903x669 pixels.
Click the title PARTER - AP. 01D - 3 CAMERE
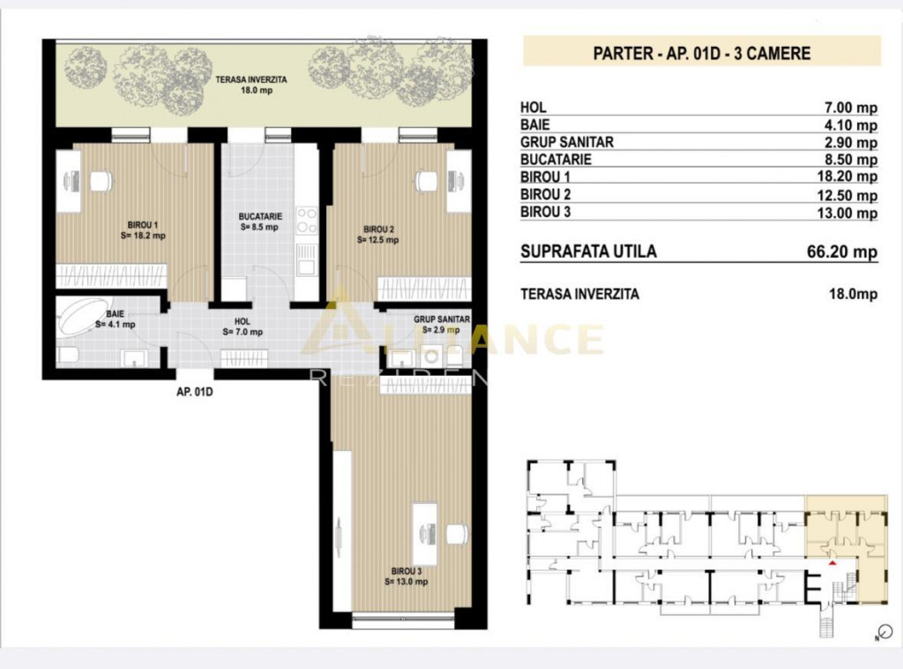(x=702, y=53)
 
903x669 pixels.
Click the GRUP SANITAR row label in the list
(x=567, y=142)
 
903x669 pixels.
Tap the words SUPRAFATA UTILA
(x=588, y=252)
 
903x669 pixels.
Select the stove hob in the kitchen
(x=306, y=220)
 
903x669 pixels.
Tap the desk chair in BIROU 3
(x=456, y=534)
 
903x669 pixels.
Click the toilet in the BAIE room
(x=67, y=355)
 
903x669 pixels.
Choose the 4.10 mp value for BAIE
(x=848, y=125)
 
